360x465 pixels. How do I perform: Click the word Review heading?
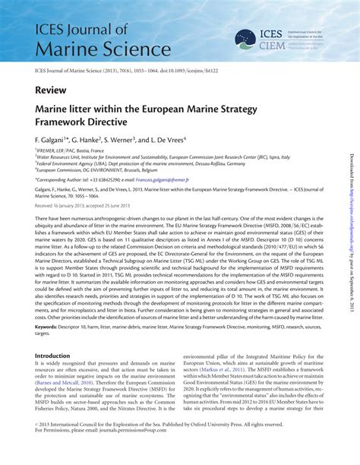point(49,90)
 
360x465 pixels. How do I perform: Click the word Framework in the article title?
point(67,122)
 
